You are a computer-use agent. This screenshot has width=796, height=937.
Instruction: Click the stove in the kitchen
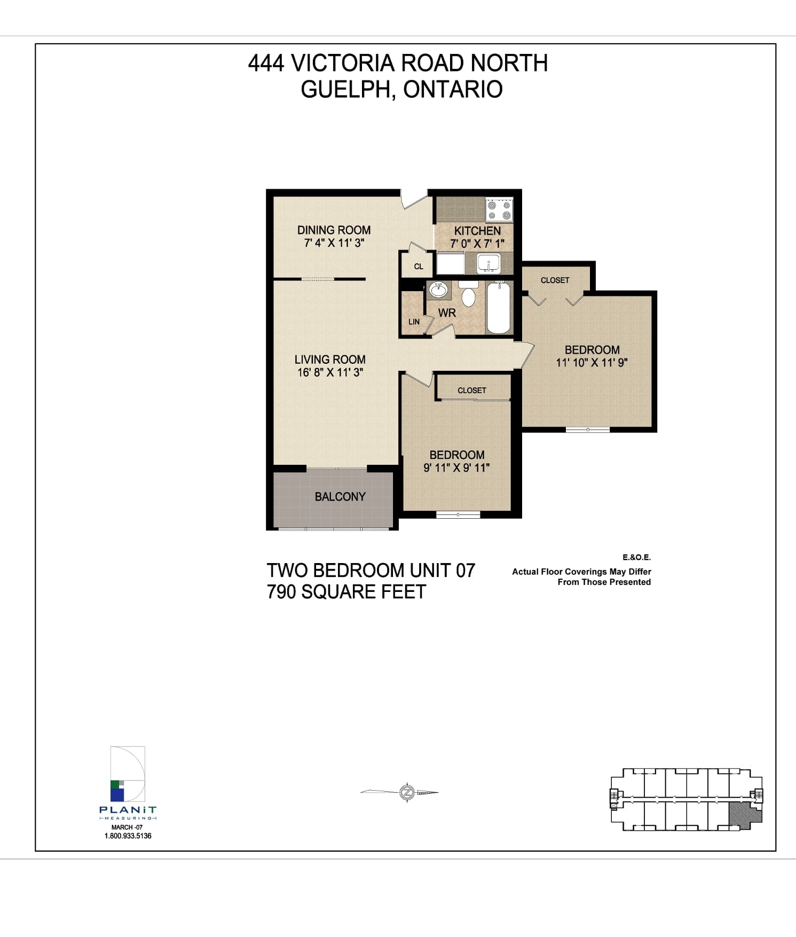(499, 209)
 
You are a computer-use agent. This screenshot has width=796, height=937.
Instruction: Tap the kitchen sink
(488, 263)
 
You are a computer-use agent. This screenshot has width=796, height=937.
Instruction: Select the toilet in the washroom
(468, 294)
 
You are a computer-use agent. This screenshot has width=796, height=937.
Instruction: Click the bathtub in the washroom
(499, 307)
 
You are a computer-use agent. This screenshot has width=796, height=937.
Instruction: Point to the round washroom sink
(439, 290)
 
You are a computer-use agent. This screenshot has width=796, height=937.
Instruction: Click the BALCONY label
(340, 497)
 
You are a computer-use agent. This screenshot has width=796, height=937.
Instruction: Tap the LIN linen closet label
(414, 322)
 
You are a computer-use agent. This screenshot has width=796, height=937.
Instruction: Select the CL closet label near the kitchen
(419, 266)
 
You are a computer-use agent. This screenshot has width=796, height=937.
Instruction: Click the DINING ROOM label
(334, 230)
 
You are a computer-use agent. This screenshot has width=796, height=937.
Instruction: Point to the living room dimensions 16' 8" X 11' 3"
(330, 372)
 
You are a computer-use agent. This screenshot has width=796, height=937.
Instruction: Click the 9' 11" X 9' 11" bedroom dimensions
(456, 468)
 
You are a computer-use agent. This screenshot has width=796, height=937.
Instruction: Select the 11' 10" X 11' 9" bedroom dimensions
(592, 363)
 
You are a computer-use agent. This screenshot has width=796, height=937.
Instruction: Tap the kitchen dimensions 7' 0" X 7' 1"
(477, 244)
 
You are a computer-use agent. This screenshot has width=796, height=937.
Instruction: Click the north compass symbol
(407, 792)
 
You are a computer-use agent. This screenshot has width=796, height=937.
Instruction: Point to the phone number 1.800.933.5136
(128, 836)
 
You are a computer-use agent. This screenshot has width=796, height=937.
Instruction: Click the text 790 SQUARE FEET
(346, 592)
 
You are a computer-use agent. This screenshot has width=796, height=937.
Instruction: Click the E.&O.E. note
(636, 557)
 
